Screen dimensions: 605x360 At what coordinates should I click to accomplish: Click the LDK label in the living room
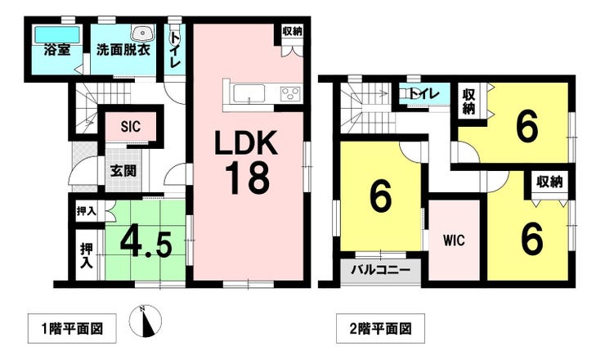click(246, 142)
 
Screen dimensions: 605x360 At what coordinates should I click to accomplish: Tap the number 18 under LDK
click(246, 178)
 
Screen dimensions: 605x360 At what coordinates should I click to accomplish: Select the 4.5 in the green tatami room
click(146, 244)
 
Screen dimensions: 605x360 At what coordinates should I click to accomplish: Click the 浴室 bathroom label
click(57, 49)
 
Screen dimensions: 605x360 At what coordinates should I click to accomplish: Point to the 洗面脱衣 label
click(123, 50)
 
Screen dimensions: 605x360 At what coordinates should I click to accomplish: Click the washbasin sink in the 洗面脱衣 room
click(143, 33)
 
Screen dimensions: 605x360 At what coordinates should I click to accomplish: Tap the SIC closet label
click(131, 126)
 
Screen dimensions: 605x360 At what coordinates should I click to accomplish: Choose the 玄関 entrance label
click(123, 170)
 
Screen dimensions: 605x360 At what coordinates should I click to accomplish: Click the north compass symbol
click(146, 321)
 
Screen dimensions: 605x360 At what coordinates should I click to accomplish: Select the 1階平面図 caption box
click(72, 329)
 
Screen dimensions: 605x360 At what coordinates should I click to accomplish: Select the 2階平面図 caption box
click(380, 329)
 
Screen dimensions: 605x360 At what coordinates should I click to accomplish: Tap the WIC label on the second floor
click(454, 241)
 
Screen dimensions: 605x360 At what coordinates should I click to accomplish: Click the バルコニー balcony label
click(380, 270)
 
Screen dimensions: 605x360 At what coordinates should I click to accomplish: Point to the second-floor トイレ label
click(424, 93)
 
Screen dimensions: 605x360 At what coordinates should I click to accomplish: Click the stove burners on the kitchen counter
click(289, 93)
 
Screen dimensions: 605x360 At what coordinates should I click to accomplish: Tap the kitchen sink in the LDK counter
click(249, 93)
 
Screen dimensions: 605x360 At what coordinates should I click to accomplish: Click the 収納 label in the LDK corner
click(292, 32)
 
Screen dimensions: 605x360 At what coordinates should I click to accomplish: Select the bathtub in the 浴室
click(57, 34)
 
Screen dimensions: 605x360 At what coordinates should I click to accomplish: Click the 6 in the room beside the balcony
click(380, 196)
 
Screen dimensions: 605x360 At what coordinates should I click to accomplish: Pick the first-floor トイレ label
click(175, 50)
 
